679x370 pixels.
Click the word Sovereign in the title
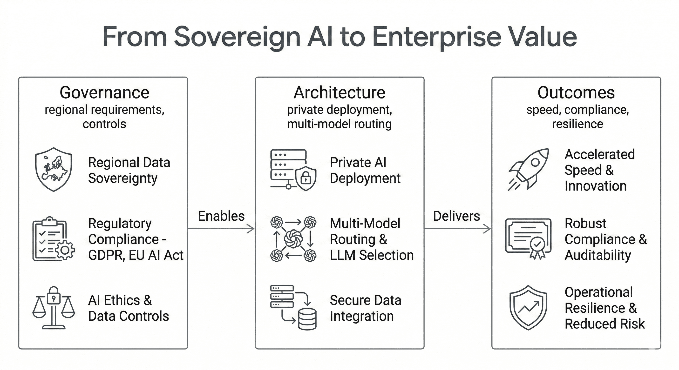pyautogui.click(x=237, y=37)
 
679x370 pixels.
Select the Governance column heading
pyautogui.click(x=104, y=93)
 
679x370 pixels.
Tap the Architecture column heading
pyautogui.click(x=339, y=93)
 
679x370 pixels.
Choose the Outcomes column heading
pyautogui.click(x=576, y=93)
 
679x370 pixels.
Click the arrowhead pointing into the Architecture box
pyautogui.click(x=251, y=229)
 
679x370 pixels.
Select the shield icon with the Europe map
pyautogui.click(x=54, y=169)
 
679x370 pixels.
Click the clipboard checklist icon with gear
pyautogui.click(x=54, y=239)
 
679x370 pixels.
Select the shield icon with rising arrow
pyautogui.click(x=528, y=308)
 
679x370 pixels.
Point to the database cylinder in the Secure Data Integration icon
pyautogui.click(x=307, y=319)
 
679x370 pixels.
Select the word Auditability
pyautogui.click(x=598, y=255)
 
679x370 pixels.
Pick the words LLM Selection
pyautogui.click(x=372, y=255)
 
